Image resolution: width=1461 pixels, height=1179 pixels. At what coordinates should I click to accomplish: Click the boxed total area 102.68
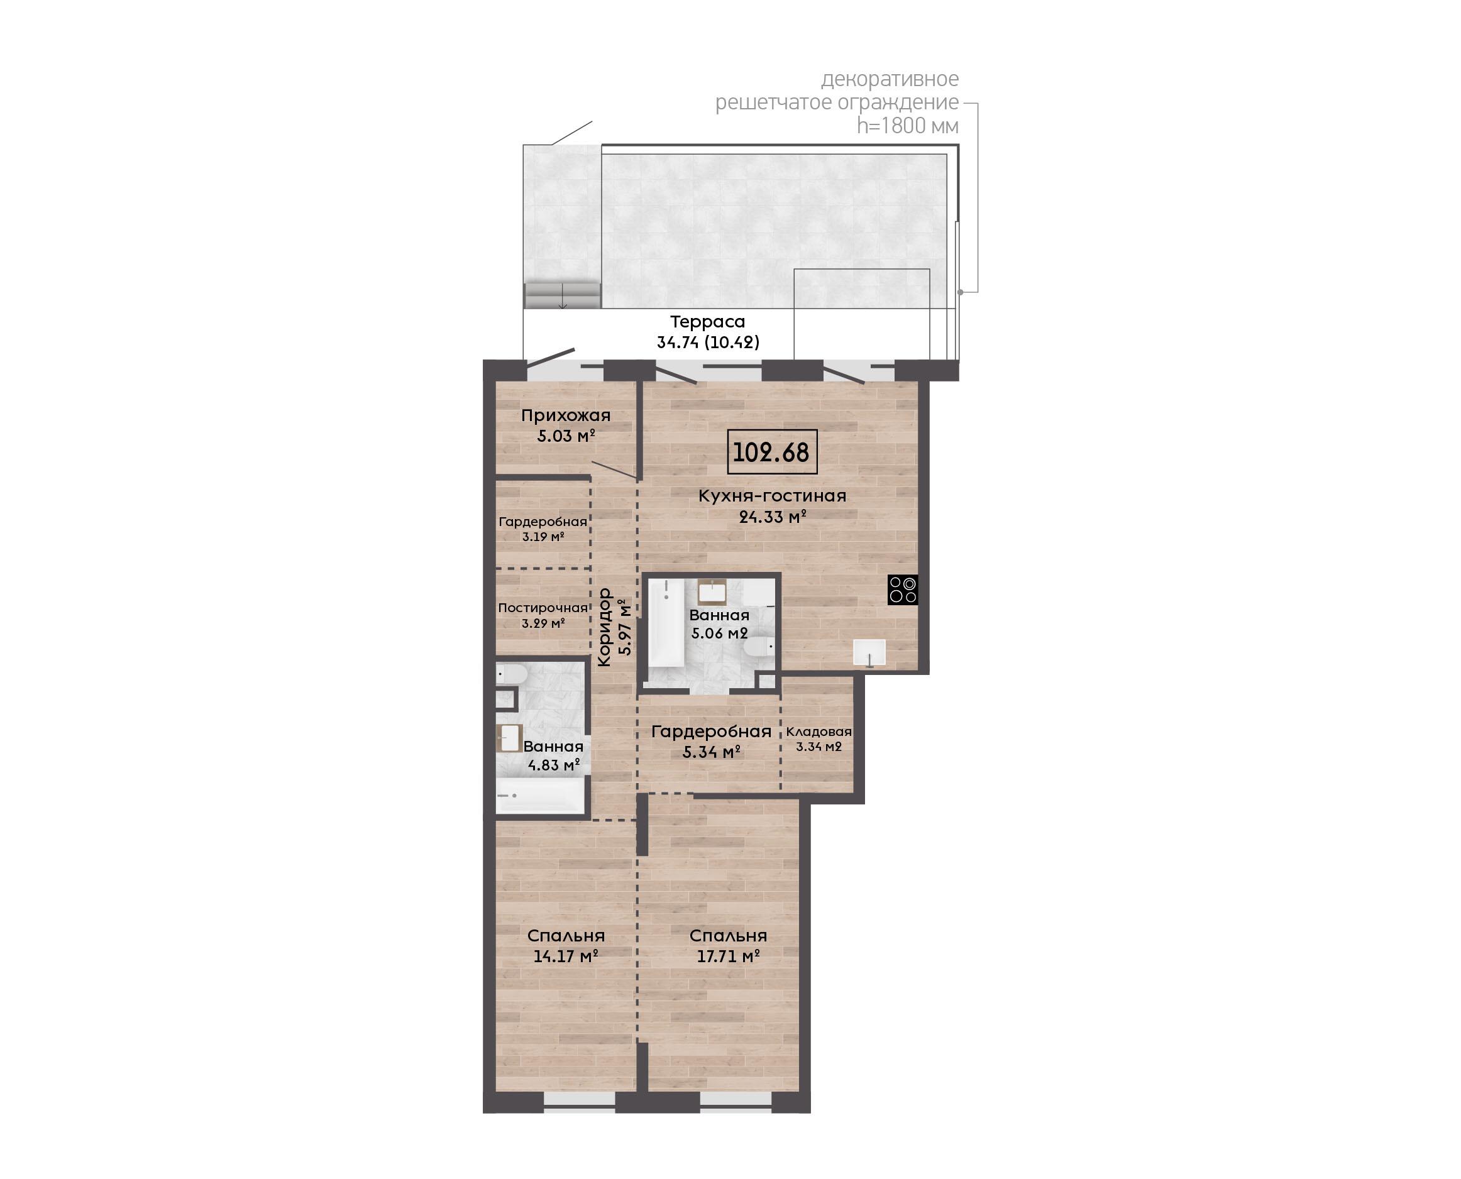[x=771, y=452]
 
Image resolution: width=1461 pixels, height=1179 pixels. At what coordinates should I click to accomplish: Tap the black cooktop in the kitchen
[x=903, y=589]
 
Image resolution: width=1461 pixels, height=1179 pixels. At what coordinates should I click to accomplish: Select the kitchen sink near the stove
[x=869, y=652]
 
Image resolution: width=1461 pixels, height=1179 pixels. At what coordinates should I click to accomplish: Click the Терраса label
[x=708, y=322]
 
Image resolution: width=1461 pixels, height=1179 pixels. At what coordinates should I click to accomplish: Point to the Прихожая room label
[x=566, y=415]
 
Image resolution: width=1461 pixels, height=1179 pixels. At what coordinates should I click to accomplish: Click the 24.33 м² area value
[x=772, y=517]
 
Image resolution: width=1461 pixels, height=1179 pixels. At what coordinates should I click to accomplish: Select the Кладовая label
[x=819, y=732]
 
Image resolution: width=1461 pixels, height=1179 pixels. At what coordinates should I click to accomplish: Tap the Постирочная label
[x=543, y=608]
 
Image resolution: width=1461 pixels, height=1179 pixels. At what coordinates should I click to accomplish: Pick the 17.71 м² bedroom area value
[x=728, y=957]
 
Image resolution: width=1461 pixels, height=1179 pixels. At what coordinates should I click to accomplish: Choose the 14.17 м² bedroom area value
[x=566, y=957]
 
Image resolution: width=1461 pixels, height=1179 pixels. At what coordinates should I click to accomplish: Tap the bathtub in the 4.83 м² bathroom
[x=541, y=794]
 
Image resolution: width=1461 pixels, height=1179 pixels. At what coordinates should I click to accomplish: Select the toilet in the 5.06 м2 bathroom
[x=760, y=647]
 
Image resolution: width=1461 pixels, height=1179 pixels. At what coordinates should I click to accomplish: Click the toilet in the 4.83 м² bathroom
[x=510, y=675]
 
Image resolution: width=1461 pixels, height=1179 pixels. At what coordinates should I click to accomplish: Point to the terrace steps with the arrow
[x=563, y=295]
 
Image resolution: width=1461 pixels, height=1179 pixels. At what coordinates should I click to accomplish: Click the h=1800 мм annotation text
[x=907, y=126]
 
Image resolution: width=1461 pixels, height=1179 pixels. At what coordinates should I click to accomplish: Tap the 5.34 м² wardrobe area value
[x=711, y=752]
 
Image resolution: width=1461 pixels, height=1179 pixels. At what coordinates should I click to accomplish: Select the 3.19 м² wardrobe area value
[x=543, y=537]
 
